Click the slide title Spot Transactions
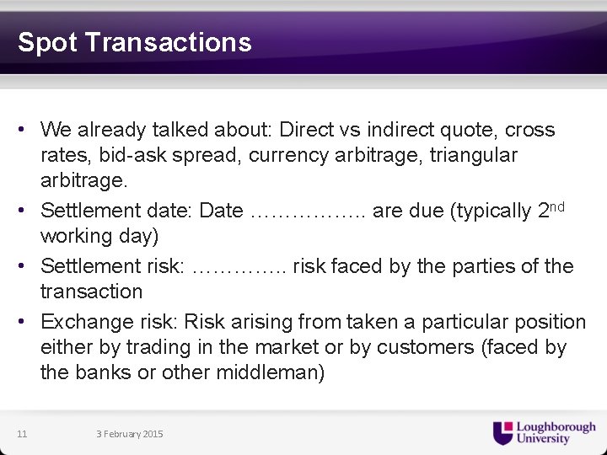point(134,42)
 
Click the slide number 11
point(22,434)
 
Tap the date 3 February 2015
point(130,434)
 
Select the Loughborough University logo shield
point(502,432)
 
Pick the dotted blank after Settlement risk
point(239,267)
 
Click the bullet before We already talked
point(28,131)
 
